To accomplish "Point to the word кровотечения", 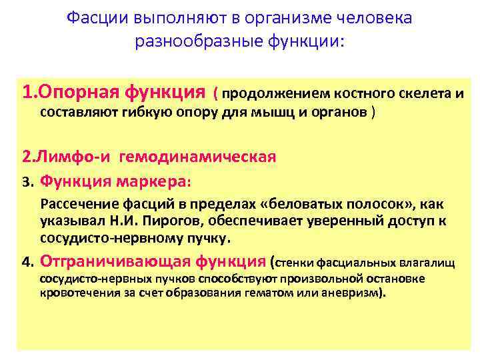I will tap(75, 293).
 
